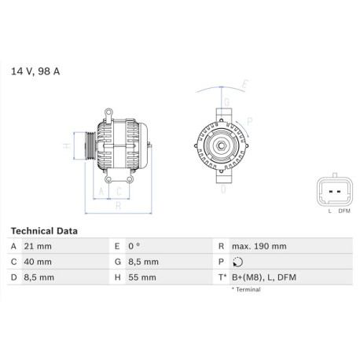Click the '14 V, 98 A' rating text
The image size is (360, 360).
[x=35, y=72]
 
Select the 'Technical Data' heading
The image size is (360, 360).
[x=44, y=231]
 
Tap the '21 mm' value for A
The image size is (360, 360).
[x=38, y=246]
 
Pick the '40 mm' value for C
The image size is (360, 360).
[x=38, y=262]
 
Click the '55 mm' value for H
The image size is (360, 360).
[x=142, y=277]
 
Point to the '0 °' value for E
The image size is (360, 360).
[x=134, y=246]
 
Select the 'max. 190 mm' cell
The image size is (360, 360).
[x=259, y=246]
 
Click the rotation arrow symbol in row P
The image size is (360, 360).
[x=237, y=262]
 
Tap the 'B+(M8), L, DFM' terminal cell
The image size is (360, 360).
[x=264, y=277]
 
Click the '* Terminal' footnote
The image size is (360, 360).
[x=246, y=289]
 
